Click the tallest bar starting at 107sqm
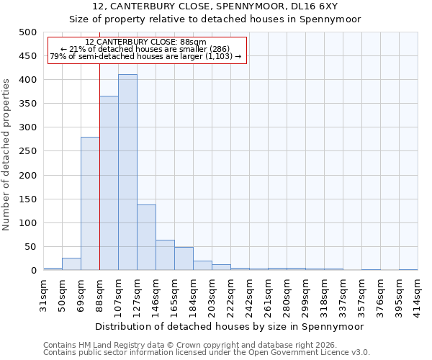pyautogui.click(x=127, y=173)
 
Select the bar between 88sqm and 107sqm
pyautogui.click(x=109, y=184)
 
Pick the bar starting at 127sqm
pyautogui.click(x=146, y=238)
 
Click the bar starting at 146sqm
pyautogui.click(x=165, y=256)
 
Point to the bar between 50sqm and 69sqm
pyautogui.click(x=71, y=264)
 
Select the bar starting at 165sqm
pyautogui.click(x=184, y=259)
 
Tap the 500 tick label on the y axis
pyautogui.click(x=28, y=32)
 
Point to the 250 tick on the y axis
pyautogui.click(x=28, y=151)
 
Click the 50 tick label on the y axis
pyautogui.click(x=31, y=247)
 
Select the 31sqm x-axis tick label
pyautogui.click(x=43, y=292)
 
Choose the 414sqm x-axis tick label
pyautogui.click(x=418, y=292)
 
